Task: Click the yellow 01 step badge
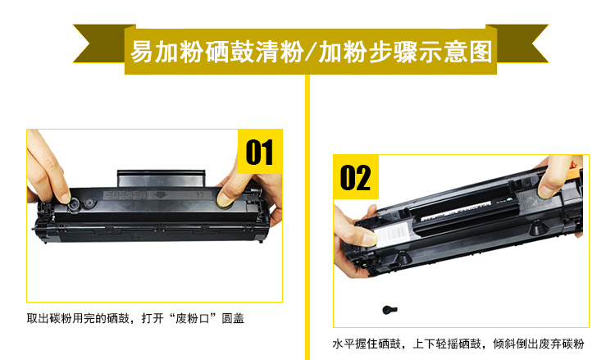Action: tap(260, 152)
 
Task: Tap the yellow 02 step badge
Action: tap(356, 177)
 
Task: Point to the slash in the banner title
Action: tap(311, 52)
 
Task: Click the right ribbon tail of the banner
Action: tap(517, 43)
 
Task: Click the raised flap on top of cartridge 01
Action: tap(162, 179)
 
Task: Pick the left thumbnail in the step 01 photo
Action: tap(63, 197)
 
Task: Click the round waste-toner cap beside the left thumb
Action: tap(75, 204)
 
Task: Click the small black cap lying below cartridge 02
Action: tap(389, 310)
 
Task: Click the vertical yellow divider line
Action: tap(307, 216)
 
